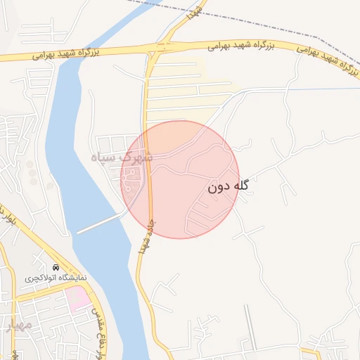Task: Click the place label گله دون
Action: [x=229, y=188]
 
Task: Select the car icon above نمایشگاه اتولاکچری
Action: [x=56, y=268]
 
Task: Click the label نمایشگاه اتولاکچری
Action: [x=56, y=278]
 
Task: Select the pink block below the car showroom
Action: [x=79, y=298]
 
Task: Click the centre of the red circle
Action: [x=180, y=179]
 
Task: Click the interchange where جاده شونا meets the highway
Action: [x=161, y=47]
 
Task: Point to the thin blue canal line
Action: [x=295, y=89]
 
